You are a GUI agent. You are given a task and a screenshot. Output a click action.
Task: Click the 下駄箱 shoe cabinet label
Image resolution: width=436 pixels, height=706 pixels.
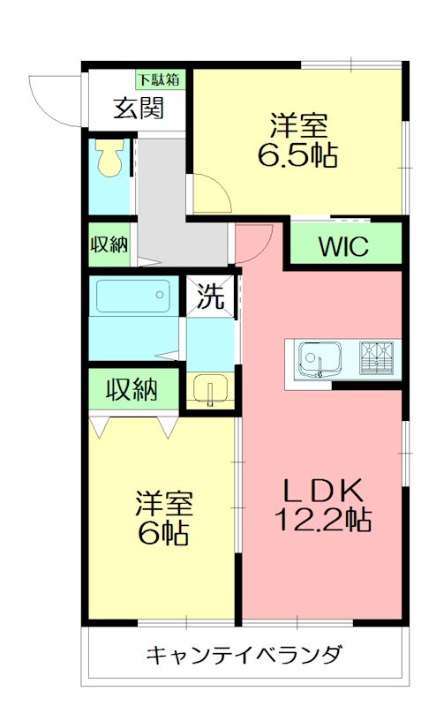tap(160, 79)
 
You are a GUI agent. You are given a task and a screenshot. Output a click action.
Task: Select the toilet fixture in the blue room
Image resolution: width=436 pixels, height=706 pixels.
tap(110, 158)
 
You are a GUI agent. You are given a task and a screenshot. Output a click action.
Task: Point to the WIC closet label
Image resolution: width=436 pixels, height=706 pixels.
tap(344, 247)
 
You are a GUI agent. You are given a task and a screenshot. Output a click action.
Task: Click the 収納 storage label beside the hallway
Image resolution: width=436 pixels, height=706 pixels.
tap(109, 245)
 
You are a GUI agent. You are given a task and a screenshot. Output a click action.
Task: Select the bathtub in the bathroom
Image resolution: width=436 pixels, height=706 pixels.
tap(132, 297)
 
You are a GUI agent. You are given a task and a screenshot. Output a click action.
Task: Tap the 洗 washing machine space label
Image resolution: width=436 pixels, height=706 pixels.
tap(210, 297)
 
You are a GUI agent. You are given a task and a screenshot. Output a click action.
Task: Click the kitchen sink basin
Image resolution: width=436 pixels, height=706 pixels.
tap(314, 360)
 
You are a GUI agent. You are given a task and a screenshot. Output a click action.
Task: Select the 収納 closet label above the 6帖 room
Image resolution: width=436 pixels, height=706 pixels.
tap(132, 388)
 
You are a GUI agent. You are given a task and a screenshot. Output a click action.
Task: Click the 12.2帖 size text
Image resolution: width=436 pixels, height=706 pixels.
tap(322, 520)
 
